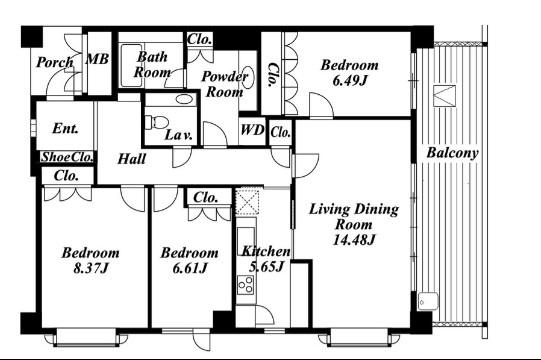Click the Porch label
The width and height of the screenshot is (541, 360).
tap(55, 62)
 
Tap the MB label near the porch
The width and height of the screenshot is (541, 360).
tap(97, 59)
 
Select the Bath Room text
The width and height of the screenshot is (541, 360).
tap(152, 65)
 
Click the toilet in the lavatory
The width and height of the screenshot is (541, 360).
tap(156, 122)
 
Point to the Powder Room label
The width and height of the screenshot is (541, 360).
tap(225, 84)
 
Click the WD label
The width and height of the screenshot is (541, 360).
tap(252, 130)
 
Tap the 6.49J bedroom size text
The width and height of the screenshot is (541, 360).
tap(350, 80)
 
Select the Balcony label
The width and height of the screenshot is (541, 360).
tap(453, 153)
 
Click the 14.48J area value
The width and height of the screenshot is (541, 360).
tap(354, 240)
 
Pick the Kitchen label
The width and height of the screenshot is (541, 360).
tap(266, 251)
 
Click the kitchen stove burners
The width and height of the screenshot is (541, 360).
tap(245, 285)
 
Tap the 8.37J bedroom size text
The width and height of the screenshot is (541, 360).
tap(91, 268)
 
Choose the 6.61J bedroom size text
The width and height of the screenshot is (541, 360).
tap(190, 268)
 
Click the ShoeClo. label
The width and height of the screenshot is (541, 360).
tap(67, 157)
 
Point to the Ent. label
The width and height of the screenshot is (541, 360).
tap(66, 128)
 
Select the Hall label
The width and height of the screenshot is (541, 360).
tap(131, 159)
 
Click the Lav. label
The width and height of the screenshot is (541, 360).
tap(178, 135)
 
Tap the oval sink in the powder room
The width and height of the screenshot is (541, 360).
tap(249, 77)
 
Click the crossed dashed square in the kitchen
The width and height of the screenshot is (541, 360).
tap(248, 202)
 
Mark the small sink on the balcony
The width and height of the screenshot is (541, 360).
tap(427, 301)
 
